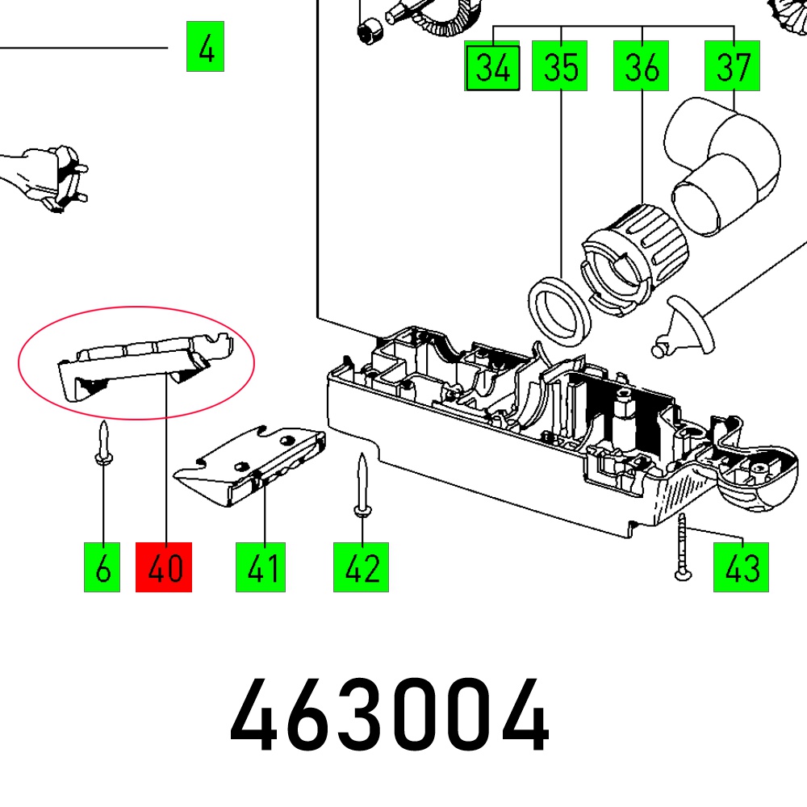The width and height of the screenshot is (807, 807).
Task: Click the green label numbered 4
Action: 205,48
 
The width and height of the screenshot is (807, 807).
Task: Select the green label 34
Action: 492,67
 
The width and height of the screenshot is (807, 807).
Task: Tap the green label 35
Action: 560,67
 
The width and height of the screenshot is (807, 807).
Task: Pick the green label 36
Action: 642,67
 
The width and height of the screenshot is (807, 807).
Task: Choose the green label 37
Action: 733,67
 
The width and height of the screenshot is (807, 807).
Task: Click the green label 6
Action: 102,568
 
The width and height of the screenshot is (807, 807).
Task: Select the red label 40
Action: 164,568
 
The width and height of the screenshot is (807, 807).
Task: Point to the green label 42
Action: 362,568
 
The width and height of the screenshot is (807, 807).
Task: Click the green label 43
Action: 741,567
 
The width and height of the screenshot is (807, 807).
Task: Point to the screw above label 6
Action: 103,443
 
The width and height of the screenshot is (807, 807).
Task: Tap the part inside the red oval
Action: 137,362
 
